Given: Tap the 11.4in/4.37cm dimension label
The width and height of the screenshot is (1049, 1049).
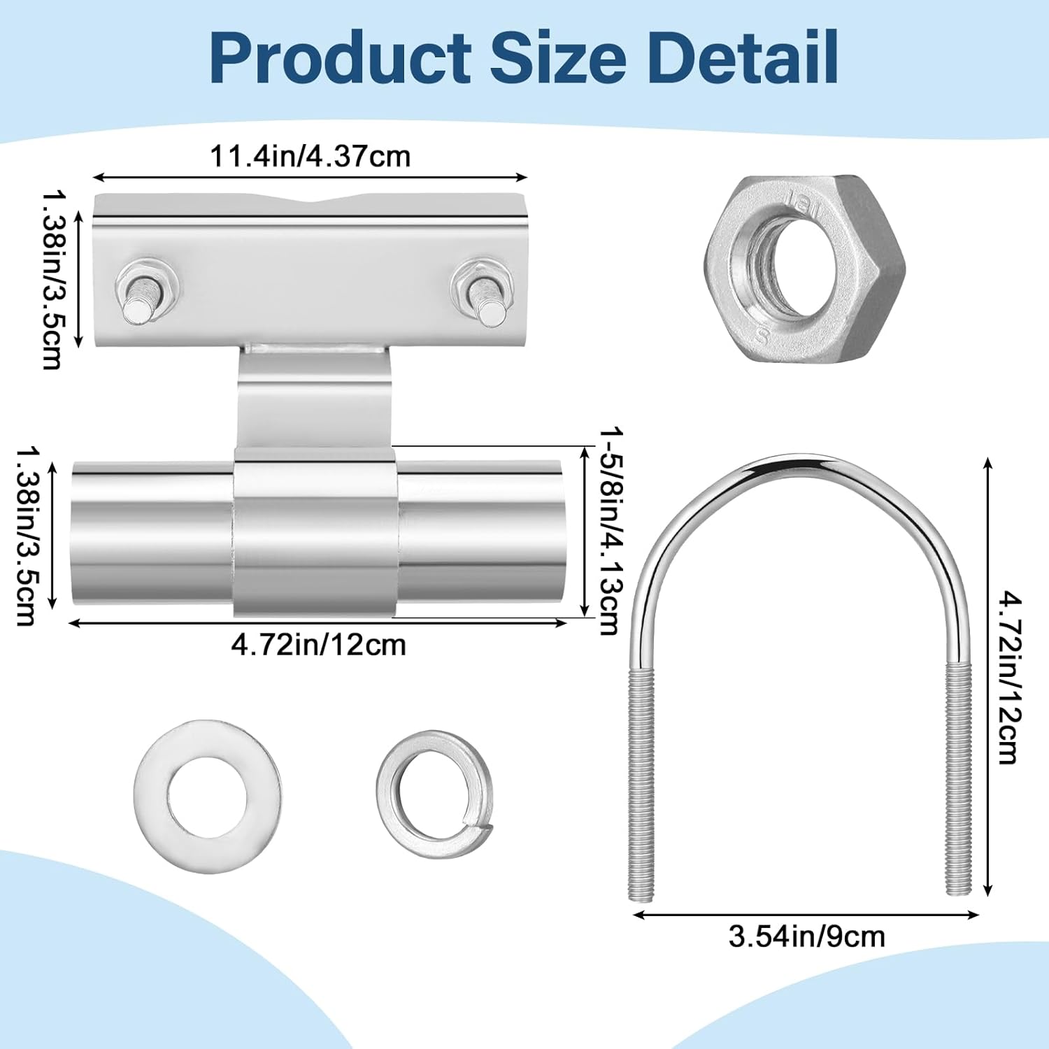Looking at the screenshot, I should click(310, 157).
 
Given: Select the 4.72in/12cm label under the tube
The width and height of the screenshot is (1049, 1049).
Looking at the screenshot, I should click(318, 644).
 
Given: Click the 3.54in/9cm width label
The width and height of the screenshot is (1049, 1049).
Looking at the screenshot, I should click(806, 936).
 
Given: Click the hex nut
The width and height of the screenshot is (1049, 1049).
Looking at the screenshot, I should click(804, 269).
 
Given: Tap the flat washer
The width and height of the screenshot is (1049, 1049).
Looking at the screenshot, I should click(208, 796).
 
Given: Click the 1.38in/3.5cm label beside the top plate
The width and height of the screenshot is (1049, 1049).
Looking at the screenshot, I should click(52, 280).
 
